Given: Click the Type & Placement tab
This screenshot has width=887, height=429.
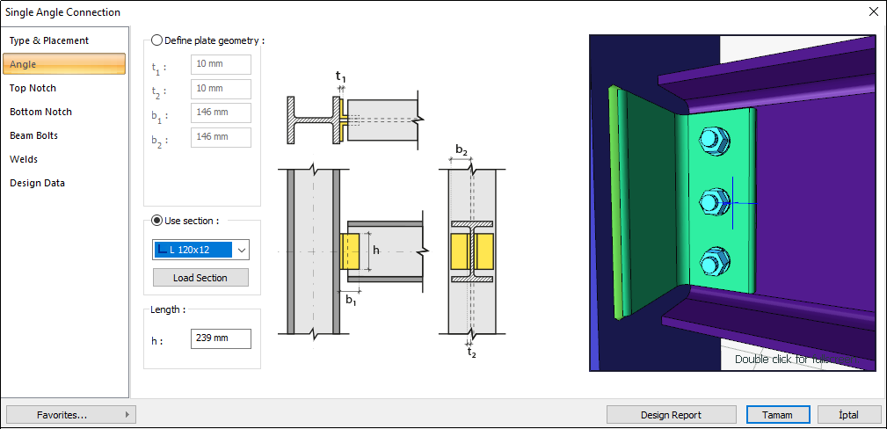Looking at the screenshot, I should (49, 40).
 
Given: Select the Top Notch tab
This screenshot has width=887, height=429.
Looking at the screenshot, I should (33, 88).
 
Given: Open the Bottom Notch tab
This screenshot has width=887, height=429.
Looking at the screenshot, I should (40, 112).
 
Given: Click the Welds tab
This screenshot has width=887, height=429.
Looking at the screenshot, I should (24, 159).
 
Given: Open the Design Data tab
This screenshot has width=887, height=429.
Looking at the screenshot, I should (37, 183).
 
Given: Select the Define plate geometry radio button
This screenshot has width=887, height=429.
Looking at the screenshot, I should (157, 40).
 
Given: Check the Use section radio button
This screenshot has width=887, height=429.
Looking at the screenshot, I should (157, 221).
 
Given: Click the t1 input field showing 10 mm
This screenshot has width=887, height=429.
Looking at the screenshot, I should (221, 65).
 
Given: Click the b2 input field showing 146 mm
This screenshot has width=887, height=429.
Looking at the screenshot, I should (221, 137).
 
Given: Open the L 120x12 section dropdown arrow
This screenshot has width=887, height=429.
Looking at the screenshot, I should (241, 250).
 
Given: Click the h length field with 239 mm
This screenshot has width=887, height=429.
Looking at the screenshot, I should (221, 338).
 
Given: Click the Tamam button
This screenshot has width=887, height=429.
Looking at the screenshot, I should (776, 414).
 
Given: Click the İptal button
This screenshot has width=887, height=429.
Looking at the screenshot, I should (849, 414).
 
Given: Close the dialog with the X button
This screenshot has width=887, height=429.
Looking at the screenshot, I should (872, 12).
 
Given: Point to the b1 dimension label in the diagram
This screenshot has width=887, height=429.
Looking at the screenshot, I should (350, 301).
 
